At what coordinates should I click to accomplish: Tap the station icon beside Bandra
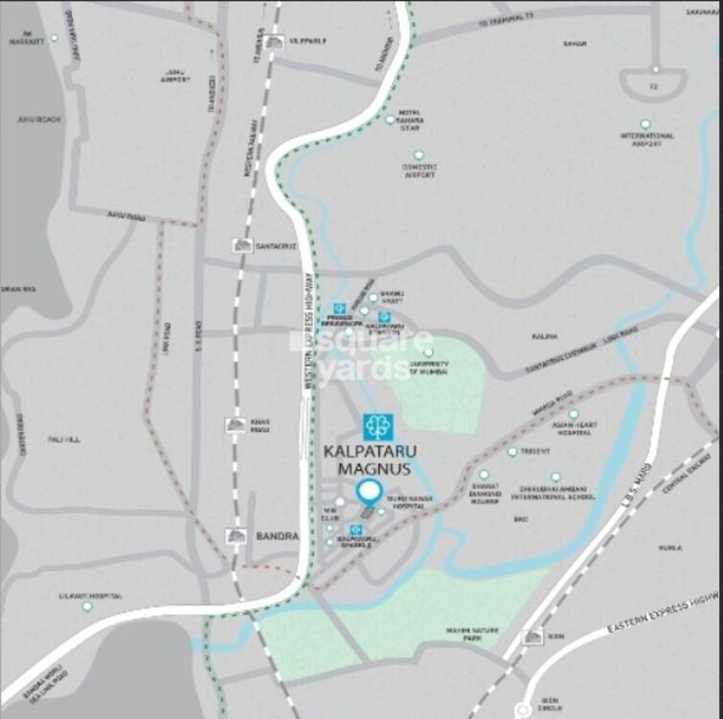237,536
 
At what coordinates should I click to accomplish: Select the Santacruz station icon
241,246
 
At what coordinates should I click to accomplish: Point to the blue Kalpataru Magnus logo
377,427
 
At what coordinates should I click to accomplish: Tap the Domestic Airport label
418,170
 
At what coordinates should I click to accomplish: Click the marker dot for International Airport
645,124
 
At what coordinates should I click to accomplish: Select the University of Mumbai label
428,369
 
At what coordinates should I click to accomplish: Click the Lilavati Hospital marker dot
87,606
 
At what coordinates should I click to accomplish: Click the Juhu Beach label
33,120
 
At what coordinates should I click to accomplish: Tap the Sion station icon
532,637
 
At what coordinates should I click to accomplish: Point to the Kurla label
669,548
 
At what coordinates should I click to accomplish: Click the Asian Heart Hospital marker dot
574,415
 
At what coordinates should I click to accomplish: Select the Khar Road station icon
236,424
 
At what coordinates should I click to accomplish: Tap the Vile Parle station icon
276,41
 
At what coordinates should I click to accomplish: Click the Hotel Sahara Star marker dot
390,120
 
